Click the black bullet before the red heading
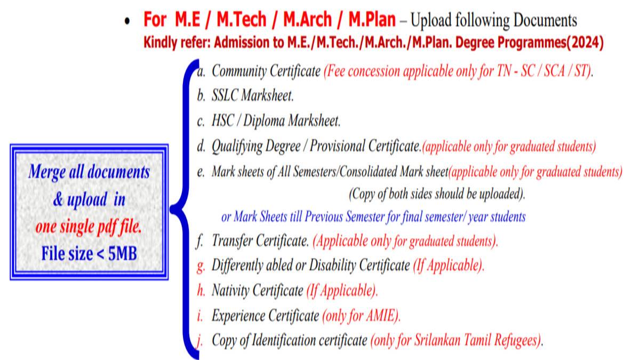click(127, 21)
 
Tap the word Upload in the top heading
click(431, 20)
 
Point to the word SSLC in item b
click(225, 95)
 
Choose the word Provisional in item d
click(337, 146)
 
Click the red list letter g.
click(201, 266)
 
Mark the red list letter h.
click(201, 291)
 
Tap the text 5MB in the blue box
click(123, 253)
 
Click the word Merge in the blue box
click(47, 172)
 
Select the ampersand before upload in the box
click(58, 199)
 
